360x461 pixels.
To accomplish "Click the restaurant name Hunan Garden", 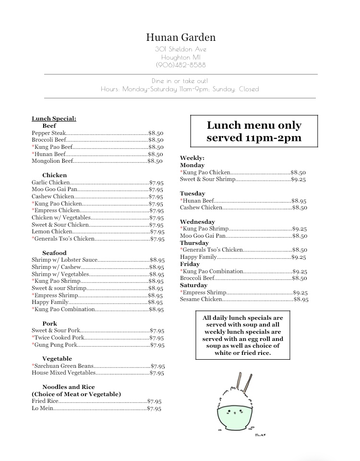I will [x=180, y=37].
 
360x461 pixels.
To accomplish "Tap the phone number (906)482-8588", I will [x=180, y=65].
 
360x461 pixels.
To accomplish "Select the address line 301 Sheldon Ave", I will [x=180, y=49].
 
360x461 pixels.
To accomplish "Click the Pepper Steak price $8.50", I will [x=156, y=133].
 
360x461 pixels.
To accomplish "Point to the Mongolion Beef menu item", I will [x=52, y=161].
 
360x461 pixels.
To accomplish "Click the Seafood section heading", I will [x=54, y=253].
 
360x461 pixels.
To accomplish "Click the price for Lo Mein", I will [x=154, y=409].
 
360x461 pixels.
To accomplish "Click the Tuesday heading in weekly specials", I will [x=192, y=194].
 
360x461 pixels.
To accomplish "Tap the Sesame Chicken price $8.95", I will [x=301, y=300].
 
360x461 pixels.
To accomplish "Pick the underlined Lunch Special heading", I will [x=54, y=119].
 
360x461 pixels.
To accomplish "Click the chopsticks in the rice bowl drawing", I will [x=244, y=383].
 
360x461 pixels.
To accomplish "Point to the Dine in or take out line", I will [x=180, y=81].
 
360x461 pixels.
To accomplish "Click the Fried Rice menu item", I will [x=45, y=401].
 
